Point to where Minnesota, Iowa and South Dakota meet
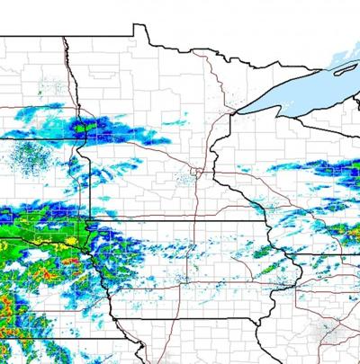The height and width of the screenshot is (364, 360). click(93, 218)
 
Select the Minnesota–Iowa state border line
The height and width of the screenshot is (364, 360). click(180, 219)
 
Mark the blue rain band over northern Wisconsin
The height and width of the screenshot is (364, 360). click(333, 167)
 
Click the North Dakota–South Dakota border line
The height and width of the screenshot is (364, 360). click(36, 139)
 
